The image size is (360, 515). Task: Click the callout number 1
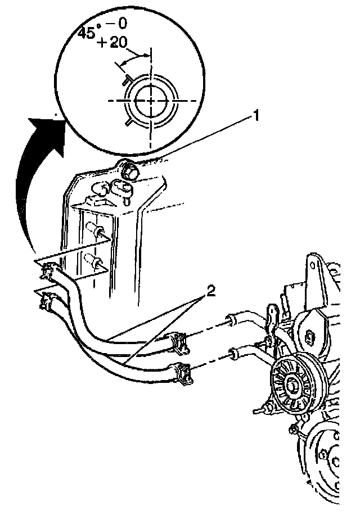coord(255,116)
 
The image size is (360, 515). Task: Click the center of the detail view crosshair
coord(151,100)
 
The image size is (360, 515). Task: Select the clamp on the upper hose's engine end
coord(181,341)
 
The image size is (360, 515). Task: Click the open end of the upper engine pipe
coord(230,321)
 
